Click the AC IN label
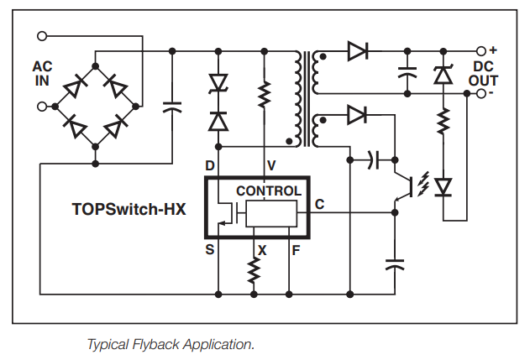tap(42, 73)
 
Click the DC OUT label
tap(485, 73)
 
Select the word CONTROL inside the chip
tap(268, 191)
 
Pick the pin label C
tap(319, 205)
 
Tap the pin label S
tap(209, 250)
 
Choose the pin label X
tap(262, 250)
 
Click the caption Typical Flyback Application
tap(171, 344)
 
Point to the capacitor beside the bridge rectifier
tap(172, 107)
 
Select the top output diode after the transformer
tap(357, 51)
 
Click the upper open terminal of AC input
tap(43, 36)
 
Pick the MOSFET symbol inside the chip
tap(225, 217)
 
